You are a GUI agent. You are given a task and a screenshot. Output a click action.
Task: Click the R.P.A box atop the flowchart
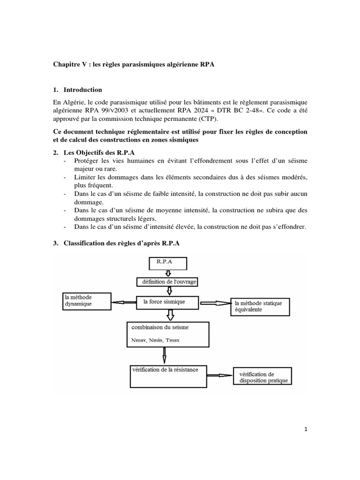point(167,263)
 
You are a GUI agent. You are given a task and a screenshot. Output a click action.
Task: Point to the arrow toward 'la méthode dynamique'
point(123,302)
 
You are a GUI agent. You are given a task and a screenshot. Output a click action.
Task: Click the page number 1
point(306,429)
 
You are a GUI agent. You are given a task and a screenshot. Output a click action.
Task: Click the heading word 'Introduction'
point(82,90)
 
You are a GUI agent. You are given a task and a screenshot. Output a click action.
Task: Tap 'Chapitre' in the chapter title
point(66,64)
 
